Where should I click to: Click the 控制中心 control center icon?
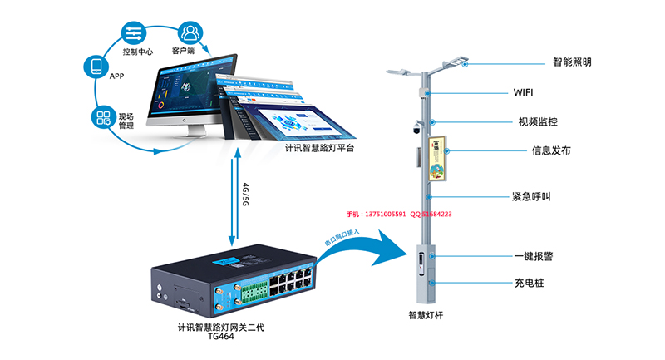click(x=133, y=33)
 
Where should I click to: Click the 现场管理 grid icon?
click(x=103, y=116)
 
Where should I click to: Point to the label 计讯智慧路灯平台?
click(x=319, y=149)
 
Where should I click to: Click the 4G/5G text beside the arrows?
click(x=244, y=193)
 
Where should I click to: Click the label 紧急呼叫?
click(x=532, y=197)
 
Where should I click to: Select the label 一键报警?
click(x=534, y=257)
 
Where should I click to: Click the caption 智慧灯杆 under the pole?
click(x=427, y=315)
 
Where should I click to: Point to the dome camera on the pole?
click(x=416, y=130)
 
